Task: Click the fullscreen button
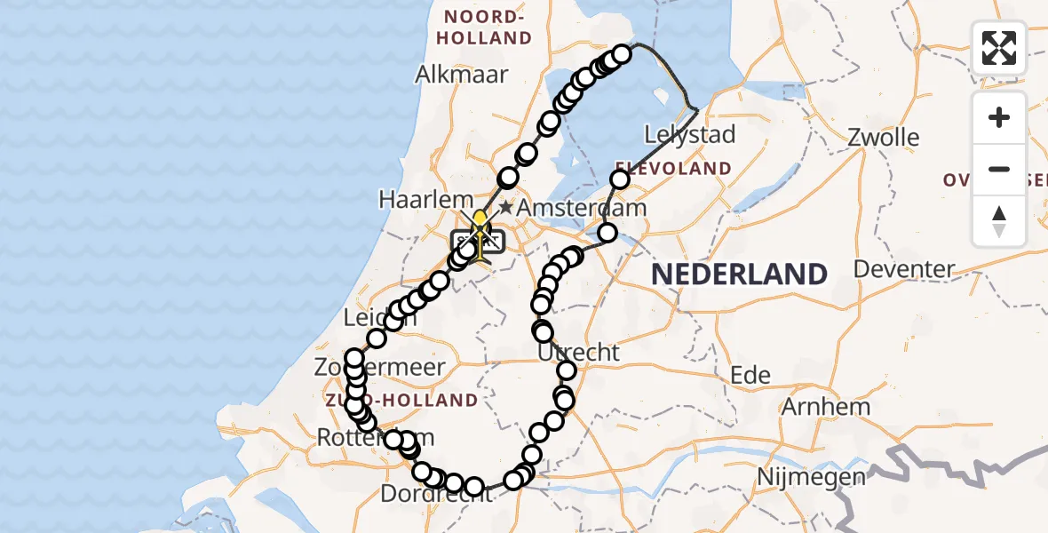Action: pyautogui.click(x=999, y=48)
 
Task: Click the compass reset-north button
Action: pyautogui.click(x=999, y=221)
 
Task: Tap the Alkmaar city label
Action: pyautogui.click(x=462, y=74)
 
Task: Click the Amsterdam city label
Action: pyautogui.click(x=583, y=207)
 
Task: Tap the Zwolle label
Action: pyautogui.click(x=883, y=138)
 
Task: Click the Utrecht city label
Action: pyautogui.click(x=578, y=352)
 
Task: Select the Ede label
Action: pyautogui.click(x=750, y=375)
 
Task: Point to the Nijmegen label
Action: pyautogui.click(x=811, y=477)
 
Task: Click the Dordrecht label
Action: pyautogui.click(x=435, y=494)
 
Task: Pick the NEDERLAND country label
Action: pyautogui.click(x=739, y=274)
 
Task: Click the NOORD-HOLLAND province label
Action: pyautogui.click(x=488, y=28)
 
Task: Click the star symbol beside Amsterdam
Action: pyautogui.click(x=505, y=207)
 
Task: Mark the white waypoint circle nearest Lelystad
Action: pyautogui.click(x=619, y=180)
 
